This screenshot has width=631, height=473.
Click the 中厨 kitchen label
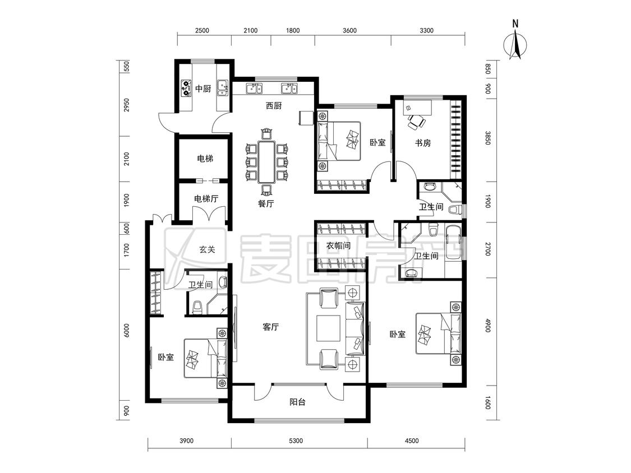(x=203, y=89)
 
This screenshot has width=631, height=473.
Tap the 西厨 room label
(x=274, y=106)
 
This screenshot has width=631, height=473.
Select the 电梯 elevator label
(x=205, y=159)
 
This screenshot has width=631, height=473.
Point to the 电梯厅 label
(x=206, y=199)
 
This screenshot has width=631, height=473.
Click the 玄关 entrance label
(x=207, y=249)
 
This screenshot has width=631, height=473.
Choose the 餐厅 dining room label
(x=266, y=203)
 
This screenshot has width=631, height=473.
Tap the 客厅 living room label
(x=270, y=327)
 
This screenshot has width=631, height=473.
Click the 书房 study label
(x=423, y=143)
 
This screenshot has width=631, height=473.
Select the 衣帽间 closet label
(x=338, y=245)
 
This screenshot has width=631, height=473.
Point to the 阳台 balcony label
(x=297, y=402)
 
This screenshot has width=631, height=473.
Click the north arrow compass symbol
(x=515, y=40)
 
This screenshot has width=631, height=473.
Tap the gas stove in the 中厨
(x=186, y=89)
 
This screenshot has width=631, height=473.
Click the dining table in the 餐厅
(x=266, y=162)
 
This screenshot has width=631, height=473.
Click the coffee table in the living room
(x=328, y=328)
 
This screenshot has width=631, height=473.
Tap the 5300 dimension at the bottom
(x=296, y=441)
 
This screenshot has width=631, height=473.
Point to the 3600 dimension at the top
(x=349, y=30)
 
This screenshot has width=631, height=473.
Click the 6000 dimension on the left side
(x=127, y=330)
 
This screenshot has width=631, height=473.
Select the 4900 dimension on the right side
(x=488, y=325)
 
